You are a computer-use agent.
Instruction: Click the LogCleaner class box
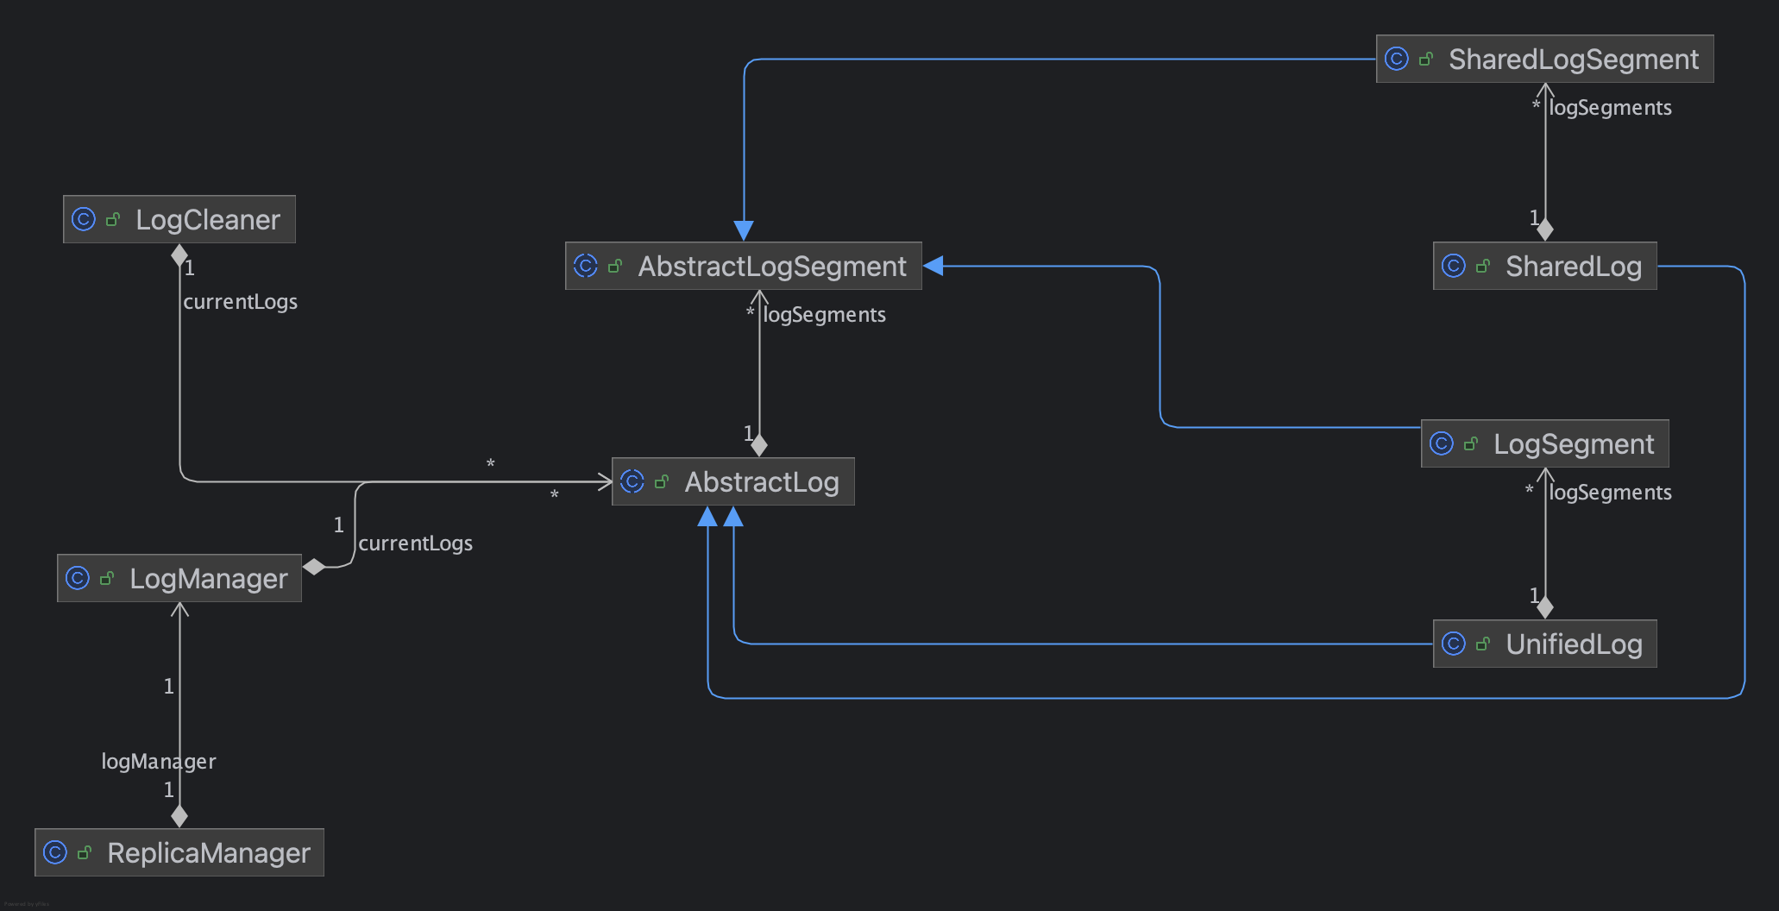pos(179,219)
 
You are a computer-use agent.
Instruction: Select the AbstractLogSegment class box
pos(744,266)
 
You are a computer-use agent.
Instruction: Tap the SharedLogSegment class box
pos(1545,59)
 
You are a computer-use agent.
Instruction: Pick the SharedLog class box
pos(1545,266)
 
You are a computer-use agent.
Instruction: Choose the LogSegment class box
pos(1545,443)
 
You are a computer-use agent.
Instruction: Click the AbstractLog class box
pos(733,481)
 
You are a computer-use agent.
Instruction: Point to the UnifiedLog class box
pos(1545,644)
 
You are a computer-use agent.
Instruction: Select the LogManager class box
pos(179,578)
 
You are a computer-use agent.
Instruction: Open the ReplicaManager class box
pos(179,852)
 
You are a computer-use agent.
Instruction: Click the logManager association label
pos(159,761)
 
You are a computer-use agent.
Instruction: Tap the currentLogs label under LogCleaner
pos(241,302)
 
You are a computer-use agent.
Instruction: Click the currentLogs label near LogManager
pos(416,543)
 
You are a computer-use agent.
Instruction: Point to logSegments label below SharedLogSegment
pos(1611,108)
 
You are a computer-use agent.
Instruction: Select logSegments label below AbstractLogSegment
pos(825,315)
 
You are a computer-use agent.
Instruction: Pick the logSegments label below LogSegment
pos(1611,493)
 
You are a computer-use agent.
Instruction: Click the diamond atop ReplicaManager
pos(179,815)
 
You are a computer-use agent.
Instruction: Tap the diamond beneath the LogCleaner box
pos(179,255)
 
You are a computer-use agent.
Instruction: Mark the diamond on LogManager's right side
pos(314,567)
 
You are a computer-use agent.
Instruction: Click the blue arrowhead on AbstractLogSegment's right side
pos(934,266)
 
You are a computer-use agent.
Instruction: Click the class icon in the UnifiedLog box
pos(1454,644)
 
